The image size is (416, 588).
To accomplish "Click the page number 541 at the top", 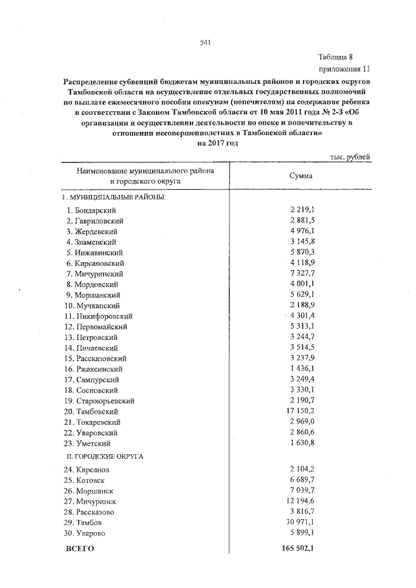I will click(206, 43).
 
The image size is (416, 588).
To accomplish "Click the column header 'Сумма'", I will click(300, 175).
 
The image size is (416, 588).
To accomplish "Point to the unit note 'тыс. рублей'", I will click(350, 156).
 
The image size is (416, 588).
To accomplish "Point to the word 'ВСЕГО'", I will click(81, 548).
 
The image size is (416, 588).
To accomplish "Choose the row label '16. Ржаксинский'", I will click(94, 369).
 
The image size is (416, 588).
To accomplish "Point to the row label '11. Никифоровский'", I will click(97, 316).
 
